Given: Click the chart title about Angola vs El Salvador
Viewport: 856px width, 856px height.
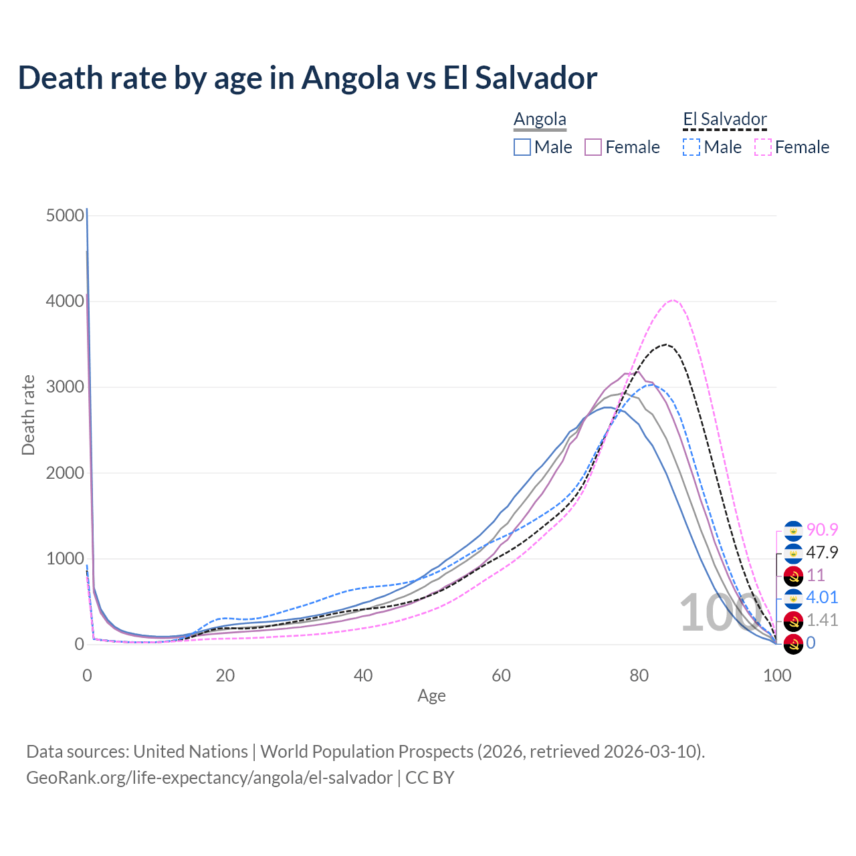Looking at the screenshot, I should [x=308, y=78].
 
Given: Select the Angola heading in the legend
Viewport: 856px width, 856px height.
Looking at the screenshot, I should [x=540, y=120].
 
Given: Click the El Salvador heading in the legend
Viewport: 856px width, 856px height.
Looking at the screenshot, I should [x=725, y=120].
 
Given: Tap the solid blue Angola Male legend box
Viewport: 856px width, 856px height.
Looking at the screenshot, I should [x=522, y=147].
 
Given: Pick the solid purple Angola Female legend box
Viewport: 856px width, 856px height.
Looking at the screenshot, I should [x=594, y=147].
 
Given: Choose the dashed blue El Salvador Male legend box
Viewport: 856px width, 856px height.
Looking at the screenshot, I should [x=691, y=147].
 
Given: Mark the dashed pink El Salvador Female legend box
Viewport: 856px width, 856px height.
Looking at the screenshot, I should [x=763, y=147].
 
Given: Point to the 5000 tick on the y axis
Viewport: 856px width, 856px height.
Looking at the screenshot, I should [x=66, y=215].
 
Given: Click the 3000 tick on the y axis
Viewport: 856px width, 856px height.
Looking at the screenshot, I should [x=66, y=387].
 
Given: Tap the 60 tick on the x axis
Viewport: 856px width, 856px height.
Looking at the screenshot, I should [x=501, y=675].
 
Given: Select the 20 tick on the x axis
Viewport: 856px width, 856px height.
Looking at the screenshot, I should [x=225, y=675].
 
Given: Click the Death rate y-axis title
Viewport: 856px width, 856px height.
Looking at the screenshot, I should [x=28, y=415].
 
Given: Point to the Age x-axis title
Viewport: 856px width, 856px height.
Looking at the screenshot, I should [x=431, y=695].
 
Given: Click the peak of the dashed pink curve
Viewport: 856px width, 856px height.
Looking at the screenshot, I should [x=673, y=300].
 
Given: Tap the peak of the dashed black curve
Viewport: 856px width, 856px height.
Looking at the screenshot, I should [x=665, y=344].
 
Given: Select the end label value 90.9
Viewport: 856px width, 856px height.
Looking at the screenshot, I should [x=822, y=530].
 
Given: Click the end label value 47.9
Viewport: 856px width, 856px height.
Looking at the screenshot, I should [x=822, y=552].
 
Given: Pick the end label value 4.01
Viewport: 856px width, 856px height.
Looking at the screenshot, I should [x=822, y=597].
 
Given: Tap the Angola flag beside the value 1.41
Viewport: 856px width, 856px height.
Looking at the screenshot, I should [x=793, y=621].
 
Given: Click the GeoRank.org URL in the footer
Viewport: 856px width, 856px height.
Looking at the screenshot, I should [x=209, y=778].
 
